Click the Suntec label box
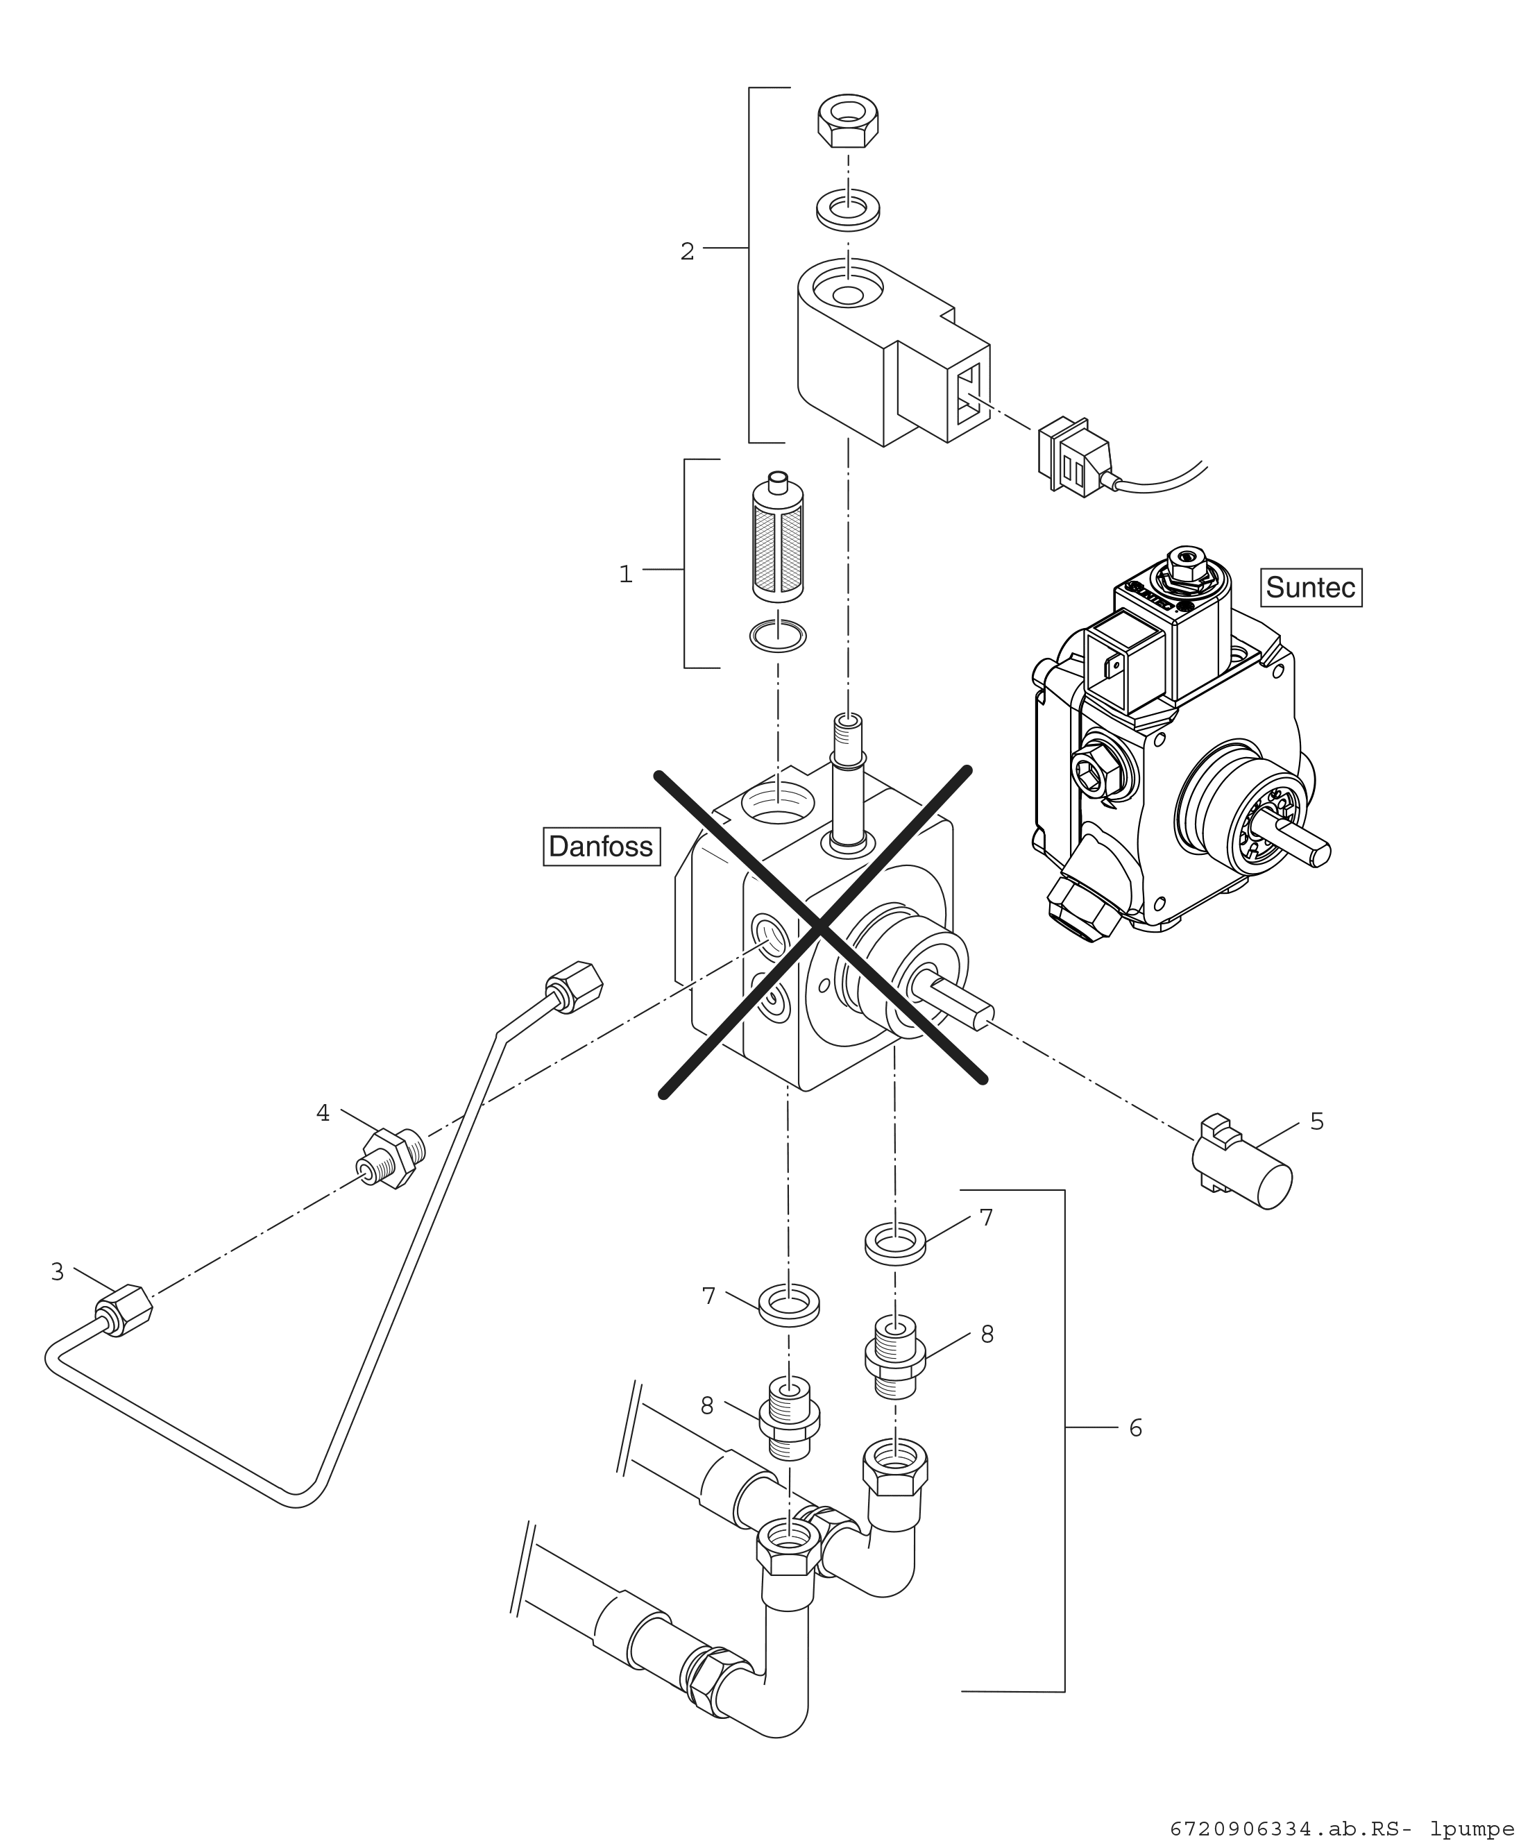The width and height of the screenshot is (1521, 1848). coord(1311,587)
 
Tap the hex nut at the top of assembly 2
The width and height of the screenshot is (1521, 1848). coord(848,122)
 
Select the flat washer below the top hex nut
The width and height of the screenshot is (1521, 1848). coord(848,210)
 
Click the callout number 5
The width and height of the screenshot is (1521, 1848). coord(1317,1121)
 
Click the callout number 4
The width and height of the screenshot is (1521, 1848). coord(323,1114)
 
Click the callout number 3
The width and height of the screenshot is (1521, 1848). coord(58,1272)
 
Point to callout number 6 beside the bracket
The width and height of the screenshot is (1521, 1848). coord(1135,1428)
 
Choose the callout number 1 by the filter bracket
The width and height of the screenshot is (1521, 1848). coord(626,575)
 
